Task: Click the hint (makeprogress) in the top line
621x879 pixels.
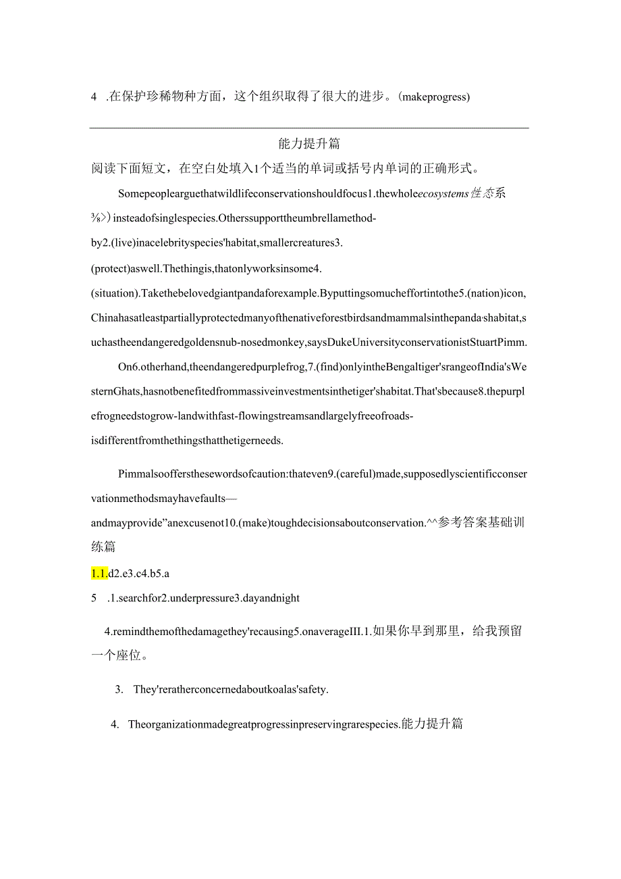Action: tap(434, 97)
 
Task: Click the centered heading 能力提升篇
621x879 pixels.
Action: tap(310, 143)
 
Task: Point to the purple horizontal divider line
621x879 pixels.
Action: tap(310, 128)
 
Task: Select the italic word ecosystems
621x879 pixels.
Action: tap(443, 194)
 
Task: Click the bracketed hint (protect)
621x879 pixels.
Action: tap(110, 269)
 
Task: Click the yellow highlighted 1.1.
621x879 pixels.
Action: tap(99, 574)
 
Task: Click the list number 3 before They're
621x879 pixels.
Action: tap(119, 690)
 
